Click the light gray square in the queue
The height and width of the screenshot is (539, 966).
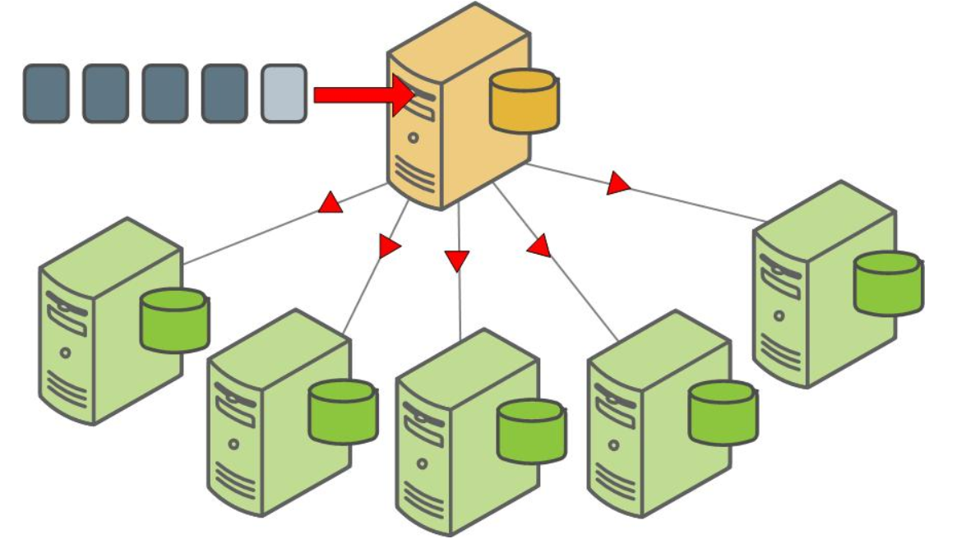[x=284, y=94]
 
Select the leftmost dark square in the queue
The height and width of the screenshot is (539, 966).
[x=46, y=94]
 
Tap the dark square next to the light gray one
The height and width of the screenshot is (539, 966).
[x=224, y=94]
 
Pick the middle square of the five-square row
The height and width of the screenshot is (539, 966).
[x=165, y=94]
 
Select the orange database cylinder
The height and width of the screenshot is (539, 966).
[x=524, y=101]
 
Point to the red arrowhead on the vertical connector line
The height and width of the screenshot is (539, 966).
[x=457, y=260]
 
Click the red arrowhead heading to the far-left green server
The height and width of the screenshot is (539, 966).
[x=330, y=204]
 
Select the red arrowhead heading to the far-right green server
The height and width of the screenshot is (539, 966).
[x=617, y=184]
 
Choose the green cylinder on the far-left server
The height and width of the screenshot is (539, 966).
[x=174, y=320]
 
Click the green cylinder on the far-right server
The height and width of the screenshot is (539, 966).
[x=888, y=283]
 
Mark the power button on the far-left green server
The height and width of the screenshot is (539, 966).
[x=65, y=352]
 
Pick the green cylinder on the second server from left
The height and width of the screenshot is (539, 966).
[x=344, y=412]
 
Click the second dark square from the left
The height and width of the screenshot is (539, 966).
[x=105, y=94]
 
